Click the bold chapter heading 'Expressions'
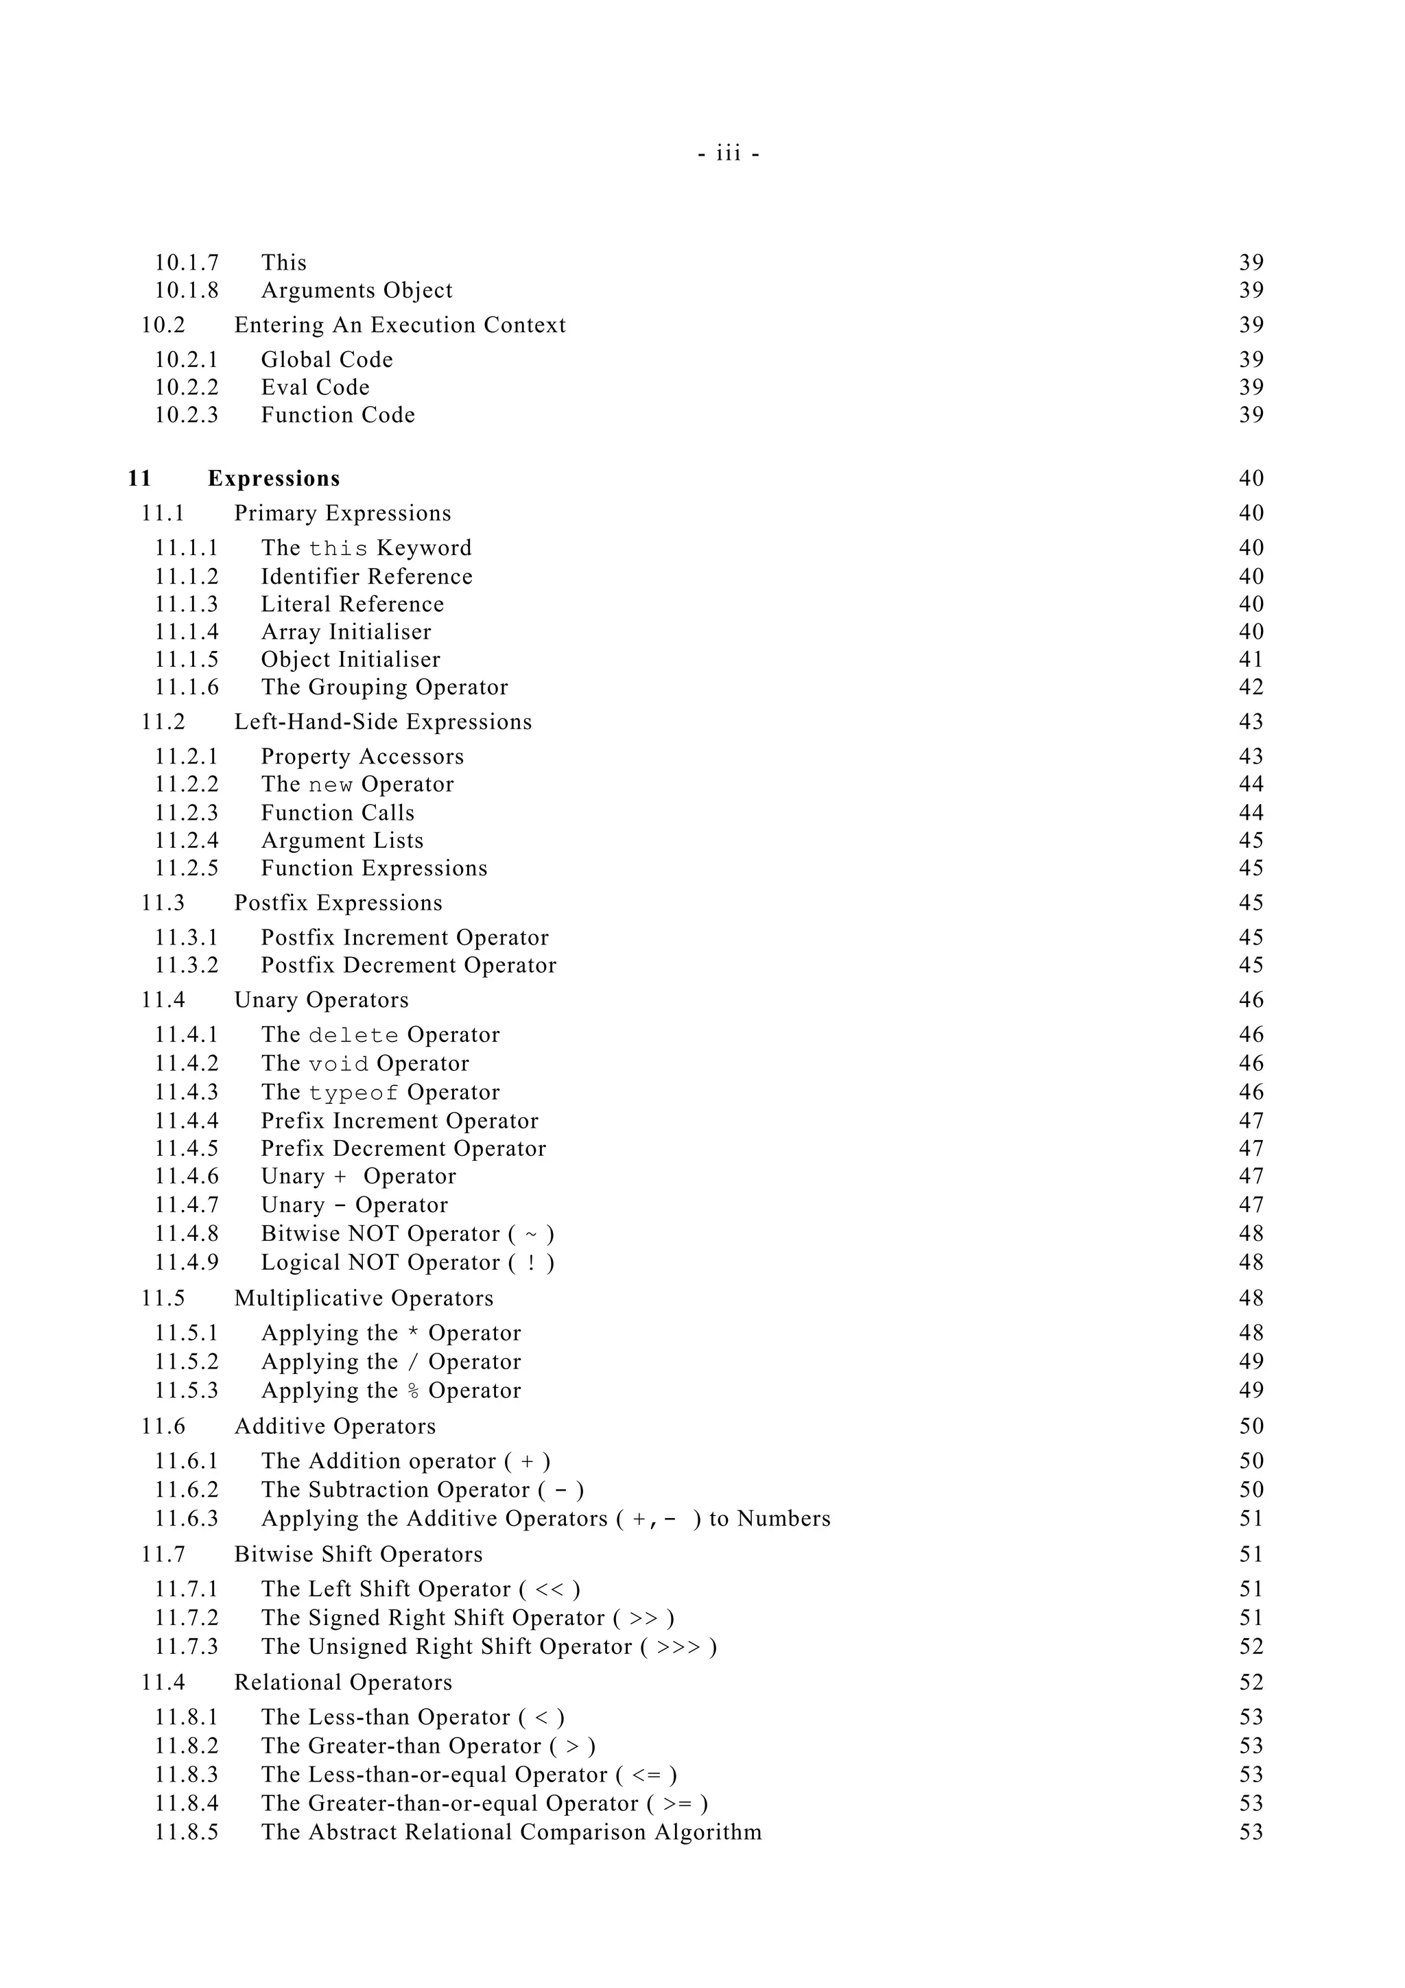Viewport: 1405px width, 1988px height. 274,479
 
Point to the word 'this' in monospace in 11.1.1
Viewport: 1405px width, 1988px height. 338,549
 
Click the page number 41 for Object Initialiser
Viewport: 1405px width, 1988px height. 1251,660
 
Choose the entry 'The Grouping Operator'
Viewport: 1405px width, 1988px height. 384,687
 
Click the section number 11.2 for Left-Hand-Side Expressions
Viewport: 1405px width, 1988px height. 163,722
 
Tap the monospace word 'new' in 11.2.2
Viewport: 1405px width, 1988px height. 331,785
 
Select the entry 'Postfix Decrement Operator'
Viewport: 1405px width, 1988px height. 409,965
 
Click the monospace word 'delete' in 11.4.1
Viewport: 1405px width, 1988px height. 353,1036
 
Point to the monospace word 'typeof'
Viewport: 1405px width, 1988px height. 353,1093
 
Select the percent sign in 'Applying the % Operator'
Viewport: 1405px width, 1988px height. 413,1391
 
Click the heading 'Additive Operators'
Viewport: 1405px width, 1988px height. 335,1427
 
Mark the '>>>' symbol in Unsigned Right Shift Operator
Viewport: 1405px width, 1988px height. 678,1647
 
